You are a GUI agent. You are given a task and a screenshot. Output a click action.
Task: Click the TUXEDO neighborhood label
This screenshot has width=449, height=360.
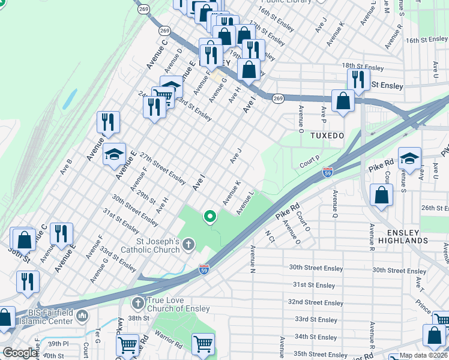[x=327, y=136]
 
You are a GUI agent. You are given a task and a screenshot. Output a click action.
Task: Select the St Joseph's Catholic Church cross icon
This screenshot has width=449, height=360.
[x=188, y=244]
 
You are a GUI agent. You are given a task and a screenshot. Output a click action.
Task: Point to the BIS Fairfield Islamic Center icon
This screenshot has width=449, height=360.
[x=82, y=315]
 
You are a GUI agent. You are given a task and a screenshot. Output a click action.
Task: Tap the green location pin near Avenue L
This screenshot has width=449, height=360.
[x=209, y=216]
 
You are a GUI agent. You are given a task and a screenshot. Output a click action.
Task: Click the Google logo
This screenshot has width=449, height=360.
[x=20, y=353]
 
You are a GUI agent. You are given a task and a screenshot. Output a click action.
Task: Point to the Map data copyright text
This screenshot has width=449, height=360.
[x=424, y=355]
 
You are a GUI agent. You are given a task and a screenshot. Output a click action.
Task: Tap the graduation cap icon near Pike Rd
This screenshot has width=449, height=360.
[x=409, y=158]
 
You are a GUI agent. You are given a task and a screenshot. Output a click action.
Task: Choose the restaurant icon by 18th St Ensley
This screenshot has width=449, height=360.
[x=358, y=79]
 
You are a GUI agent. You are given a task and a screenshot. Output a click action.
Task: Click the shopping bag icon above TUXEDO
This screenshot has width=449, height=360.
[x=343, y=101]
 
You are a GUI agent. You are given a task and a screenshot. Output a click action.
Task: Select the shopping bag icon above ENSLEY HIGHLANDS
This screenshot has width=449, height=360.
[x=381, y=194]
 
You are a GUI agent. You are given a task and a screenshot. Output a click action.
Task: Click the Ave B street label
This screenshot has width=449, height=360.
[x=65, y=166]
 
